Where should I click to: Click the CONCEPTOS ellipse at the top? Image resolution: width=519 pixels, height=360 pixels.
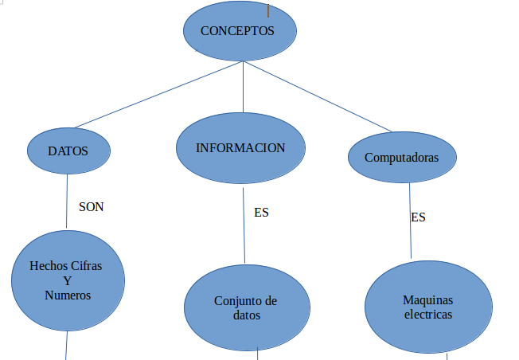point(240,33)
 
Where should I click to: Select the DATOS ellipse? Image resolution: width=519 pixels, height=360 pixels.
point(68,151)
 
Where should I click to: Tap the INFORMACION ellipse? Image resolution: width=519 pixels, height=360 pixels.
point(240,148)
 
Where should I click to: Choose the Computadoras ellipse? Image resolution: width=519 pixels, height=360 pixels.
point(402,157)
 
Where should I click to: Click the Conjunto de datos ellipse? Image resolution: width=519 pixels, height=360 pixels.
point(245,308)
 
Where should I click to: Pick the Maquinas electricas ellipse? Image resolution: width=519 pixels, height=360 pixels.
point(427,307)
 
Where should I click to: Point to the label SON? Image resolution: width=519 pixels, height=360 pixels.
point(92,206)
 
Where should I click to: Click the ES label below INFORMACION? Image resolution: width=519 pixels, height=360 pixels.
point(261,213)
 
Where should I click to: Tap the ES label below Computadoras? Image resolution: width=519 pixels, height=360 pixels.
point(418,217)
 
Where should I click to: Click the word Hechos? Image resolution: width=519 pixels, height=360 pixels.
point(48,266)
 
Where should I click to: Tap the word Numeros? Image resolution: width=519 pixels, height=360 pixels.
point(68,295)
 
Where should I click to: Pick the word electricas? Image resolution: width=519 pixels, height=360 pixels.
point(427,315)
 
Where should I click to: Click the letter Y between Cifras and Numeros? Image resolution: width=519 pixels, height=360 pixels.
point(67,280)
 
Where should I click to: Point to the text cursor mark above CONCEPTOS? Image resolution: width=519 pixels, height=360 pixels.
point(268,10)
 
